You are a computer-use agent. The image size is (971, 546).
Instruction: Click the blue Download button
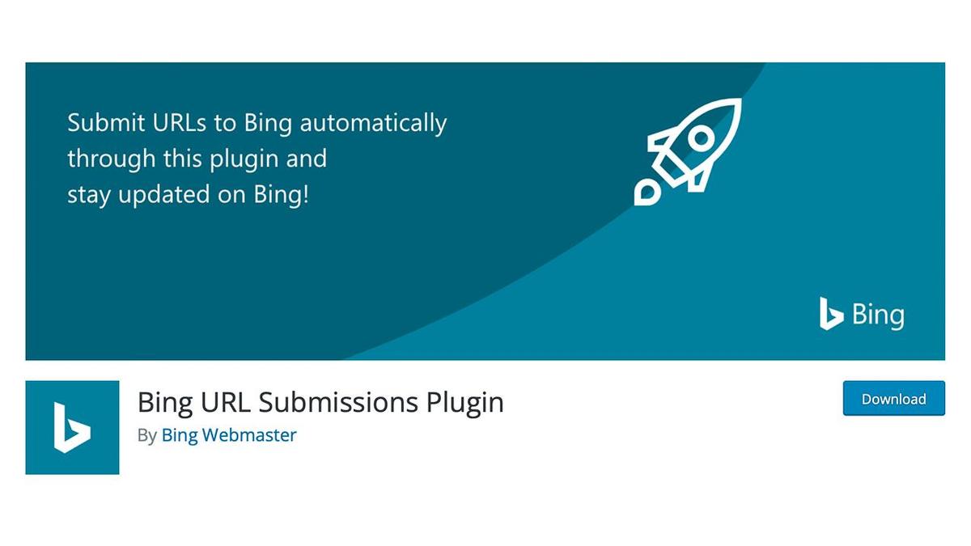893,399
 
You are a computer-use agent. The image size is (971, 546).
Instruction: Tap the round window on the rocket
701,139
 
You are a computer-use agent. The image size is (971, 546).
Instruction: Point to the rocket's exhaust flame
647,191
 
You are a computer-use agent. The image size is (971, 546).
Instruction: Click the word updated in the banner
167,195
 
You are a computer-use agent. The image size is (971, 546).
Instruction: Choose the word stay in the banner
88,195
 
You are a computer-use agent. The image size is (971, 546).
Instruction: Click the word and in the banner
307,159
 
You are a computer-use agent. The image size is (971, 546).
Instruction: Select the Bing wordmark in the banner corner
877,314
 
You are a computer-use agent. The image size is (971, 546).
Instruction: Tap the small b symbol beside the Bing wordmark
830,313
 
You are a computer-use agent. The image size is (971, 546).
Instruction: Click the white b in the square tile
71,427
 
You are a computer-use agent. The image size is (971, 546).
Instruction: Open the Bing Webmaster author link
229,435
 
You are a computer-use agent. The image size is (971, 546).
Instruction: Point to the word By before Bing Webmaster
146,435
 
